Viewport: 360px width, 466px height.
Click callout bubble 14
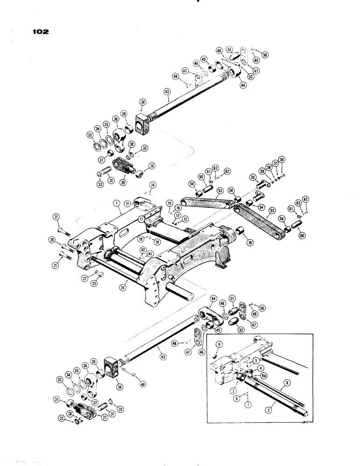151,185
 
